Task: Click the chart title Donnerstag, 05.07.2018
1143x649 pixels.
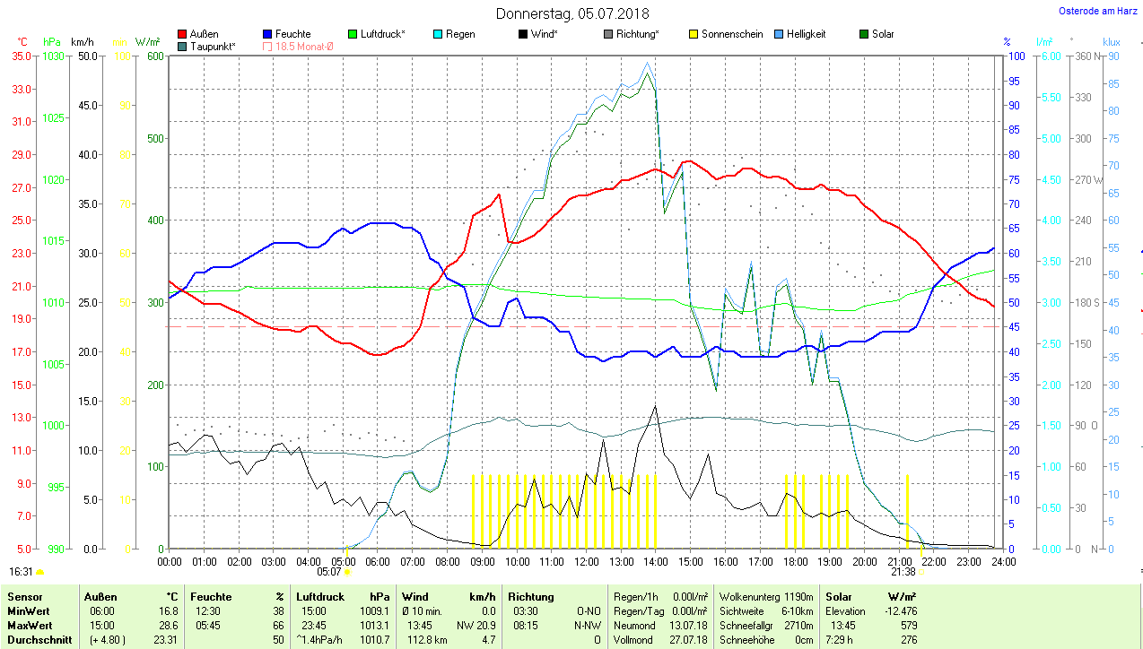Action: click(572, 13)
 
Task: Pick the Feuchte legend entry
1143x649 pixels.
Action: click(292, 34)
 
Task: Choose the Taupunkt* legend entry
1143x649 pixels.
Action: click(213, 47)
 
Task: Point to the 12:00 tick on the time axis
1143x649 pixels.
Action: click(586, 562)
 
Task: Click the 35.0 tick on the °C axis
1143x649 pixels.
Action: click(22, 56)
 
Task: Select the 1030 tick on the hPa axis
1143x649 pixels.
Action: click(54, 56)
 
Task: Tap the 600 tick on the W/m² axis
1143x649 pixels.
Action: click(154, 56)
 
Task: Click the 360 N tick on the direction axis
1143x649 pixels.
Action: click(1088, 56)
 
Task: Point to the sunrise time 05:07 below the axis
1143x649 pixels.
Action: click(329, 572)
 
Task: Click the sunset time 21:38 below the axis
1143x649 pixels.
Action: click(903, 572)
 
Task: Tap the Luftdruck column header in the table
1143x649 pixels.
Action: click(320, 596)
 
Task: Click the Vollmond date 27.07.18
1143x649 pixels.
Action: click(689, 640)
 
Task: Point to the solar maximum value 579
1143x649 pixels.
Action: click(907, 625)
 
